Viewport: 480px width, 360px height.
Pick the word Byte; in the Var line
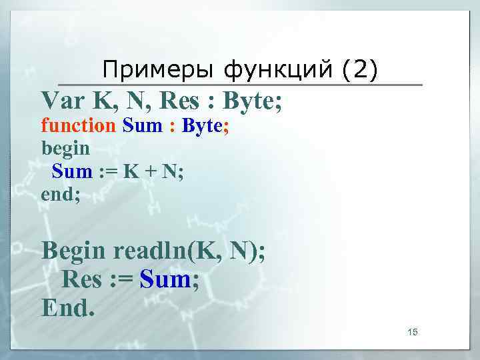[253, 102]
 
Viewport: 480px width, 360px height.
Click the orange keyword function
[79, 125]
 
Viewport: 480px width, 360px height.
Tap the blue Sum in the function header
[141, 125]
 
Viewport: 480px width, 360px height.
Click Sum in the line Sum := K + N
[72, 171]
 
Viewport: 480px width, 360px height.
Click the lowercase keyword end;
[61, 194]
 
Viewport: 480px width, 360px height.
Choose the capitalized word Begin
[73, 251]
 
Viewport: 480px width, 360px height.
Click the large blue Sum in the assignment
[166, 279]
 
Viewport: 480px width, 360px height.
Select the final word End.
[67, 307]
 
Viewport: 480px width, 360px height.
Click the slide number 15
[412, 332]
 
